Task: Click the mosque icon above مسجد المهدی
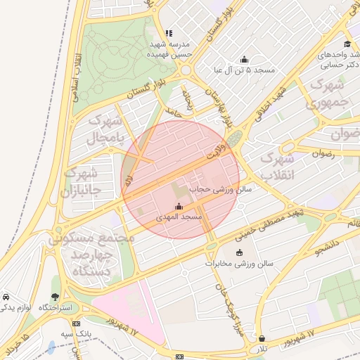click(178, 207)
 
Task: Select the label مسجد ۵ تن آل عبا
click(245, 70)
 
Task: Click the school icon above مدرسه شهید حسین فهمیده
click(169, 33)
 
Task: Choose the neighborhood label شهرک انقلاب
click(276, 166)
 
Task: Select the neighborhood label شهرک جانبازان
click(82, 181)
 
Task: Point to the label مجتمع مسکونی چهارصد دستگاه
click(89, 254)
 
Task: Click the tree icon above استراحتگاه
click(56, 297)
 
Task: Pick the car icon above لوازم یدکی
click(6, 297)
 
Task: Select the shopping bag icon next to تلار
click(262, 337)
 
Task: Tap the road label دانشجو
click(328, 244)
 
